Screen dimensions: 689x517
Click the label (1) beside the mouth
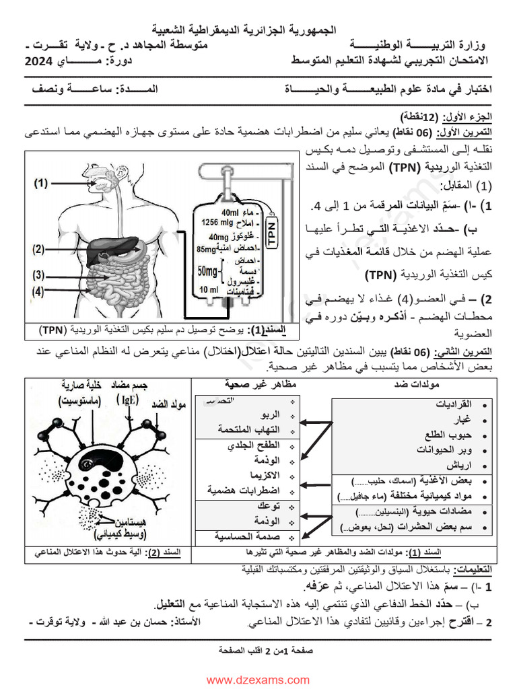pos(41,182)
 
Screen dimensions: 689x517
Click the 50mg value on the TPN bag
pos(209,270)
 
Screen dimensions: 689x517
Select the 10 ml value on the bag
pos(209,289)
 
